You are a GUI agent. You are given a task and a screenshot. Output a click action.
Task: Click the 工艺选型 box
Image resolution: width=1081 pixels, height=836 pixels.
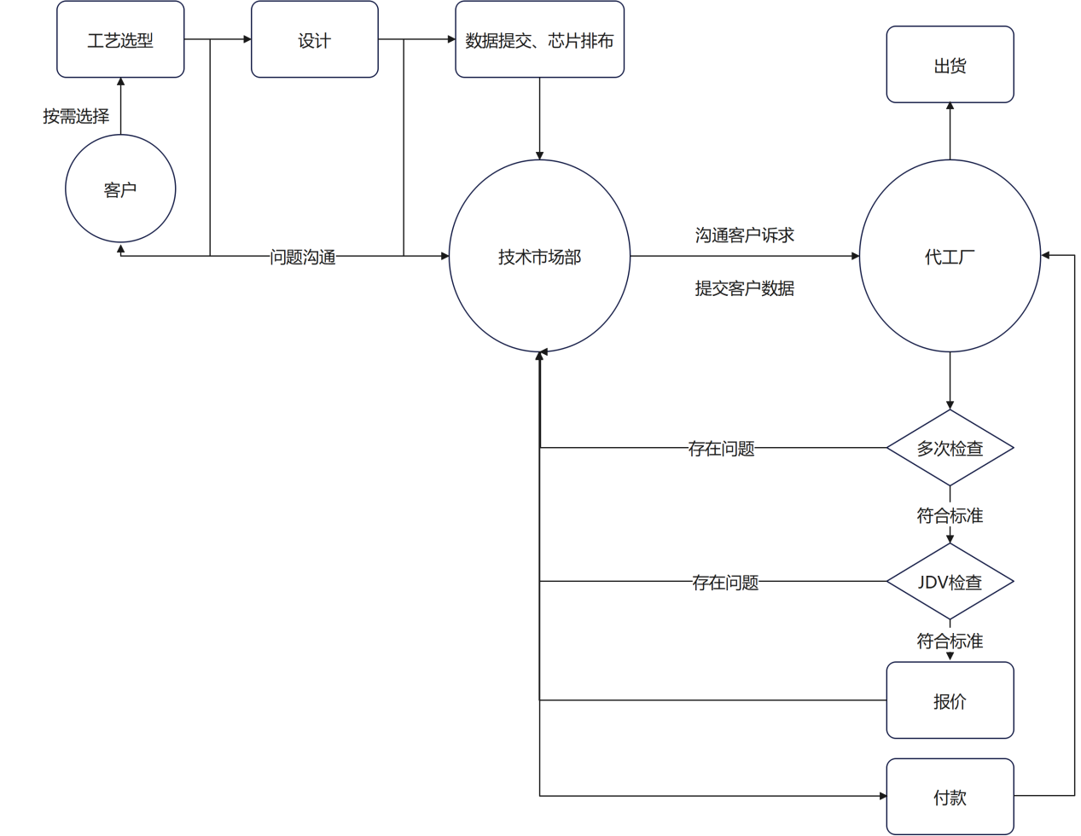tap(120, 40)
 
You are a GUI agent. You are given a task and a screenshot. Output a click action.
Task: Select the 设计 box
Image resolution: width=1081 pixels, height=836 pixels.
tap(314, 40)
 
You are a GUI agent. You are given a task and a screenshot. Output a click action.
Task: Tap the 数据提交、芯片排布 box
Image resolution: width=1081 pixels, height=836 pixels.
tap(539, 40)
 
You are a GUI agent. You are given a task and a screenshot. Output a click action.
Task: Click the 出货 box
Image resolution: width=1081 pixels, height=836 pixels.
tap(950, 65)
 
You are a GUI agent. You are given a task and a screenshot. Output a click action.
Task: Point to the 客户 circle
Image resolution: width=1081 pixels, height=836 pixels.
tap(120, 189)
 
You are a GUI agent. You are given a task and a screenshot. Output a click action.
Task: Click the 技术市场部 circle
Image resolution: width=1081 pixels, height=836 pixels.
tap(539, 256)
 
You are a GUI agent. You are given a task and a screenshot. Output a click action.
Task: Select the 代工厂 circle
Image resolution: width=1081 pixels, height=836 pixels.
tap(950, 256)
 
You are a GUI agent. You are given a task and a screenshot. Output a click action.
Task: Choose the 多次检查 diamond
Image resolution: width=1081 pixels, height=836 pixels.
tap(950, 448)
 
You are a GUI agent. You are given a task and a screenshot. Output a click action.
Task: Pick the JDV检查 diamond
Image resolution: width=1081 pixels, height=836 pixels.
tap(950, 582)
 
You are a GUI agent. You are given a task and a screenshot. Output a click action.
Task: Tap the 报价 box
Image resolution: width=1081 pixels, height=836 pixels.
tap(950, 700)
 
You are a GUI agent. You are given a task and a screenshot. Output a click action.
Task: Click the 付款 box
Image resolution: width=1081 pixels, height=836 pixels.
tap(950, 797)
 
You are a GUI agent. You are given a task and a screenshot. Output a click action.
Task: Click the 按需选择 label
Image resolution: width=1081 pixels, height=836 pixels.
tap(76, 116)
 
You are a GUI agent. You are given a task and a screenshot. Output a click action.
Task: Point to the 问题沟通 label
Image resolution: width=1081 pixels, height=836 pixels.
tap(303, 257)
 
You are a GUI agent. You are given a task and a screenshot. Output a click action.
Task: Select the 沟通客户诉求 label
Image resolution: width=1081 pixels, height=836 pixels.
tap(744, 235)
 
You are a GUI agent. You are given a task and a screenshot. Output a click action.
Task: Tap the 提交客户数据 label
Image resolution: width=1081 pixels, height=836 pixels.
tap(744, 288)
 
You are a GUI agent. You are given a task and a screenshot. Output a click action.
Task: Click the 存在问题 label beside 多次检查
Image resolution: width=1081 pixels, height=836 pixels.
tap(721, 448)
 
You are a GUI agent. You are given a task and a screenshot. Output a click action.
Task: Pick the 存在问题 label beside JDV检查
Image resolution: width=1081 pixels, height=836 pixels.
tap(724, 582)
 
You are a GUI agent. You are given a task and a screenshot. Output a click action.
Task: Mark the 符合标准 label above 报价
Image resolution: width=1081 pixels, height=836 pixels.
tap(950, 641)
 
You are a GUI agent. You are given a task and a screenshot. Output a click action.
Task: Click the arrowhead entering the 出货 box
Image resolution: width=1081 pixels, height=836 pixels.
tap(950, 107)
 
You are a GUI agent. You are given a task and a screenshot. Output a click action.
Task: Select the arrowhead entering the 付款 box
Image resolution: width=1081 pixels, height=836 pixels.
tap(882, 796)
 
